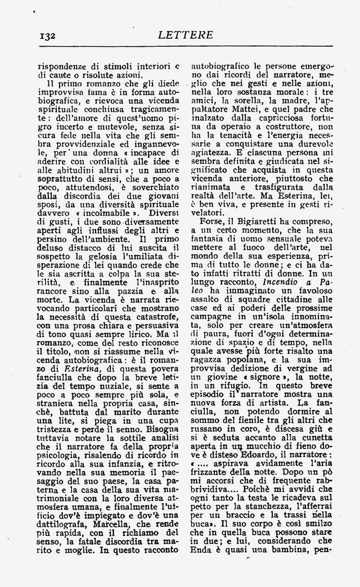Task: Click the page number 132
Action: pyautogui.click(x=47, y=35)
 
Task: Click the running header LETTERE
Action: pyautogui.click(x=187, y=35)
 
